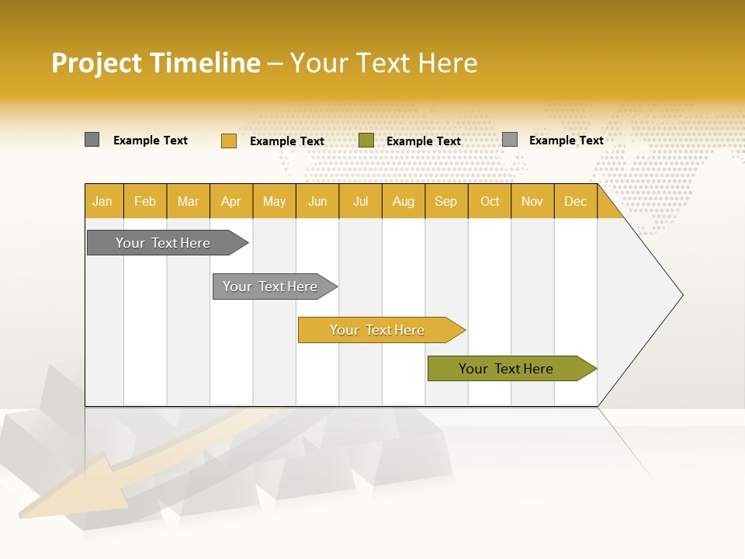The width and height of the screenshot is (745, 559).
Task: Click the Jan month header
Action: [x=103, y=202]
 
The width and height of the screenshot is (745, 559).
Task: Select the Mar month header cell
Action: [x=188, y=202]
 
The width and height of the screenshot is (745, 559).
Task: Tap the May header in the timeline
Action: [x=274, y=202]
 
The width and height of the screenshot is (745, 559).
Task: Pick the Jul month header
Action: [x=360, y=202]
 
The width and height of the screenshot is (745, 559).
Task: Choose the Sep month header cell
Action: [x=445, y=202]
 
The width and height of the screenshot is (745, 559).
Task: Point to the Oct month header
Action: [x=490, y=202]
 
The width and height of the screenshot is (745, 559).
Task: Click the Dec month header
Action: [x=575, y=202]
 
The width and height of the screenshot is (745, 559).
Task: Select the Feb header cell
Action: [x=145, y=202]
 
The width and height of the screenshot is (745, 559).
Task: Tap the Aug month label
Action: [x=403, y=202]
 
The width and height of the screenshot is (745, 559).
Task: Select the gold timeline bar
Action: [x=378, y=330]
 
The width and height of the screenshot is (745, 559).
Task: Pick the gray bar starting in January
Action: [x=164, y=243]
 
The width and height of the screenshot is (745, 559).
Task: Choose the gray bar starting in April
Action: [x=271, y=286]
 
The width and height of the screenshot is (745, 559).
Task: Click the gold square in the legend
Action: [x=228, y=141]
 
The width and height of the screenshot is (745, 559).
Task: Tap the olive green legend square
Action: [x=366, y=141]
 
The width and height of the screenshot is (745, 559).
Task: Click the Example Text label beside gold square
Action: [x=287, y=141]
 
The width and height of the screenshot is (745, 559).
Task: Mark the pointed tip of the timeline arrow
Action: [x=681, y=295]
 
